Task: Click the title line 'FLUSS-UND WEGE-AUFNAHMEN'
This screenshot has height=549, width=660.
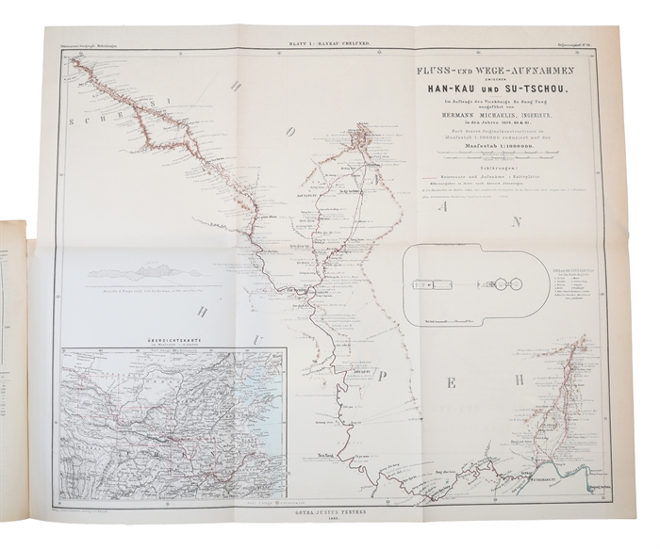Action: click(488, 71)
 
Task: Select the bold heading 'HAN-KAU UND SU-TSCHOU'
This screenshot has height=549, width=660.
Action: click(488, 89)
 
